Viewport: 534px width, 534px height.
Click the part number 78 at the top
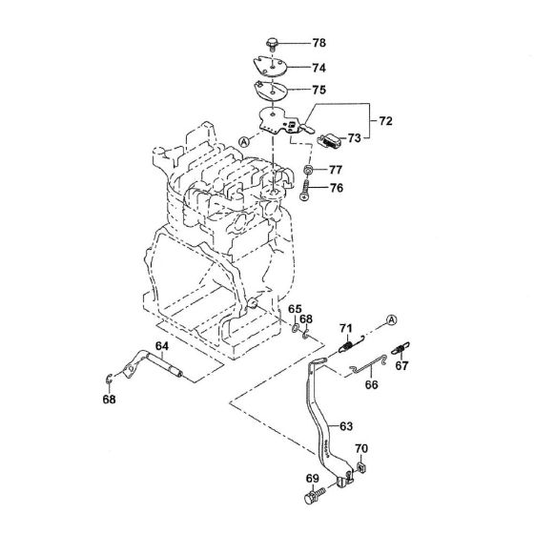[319, 44]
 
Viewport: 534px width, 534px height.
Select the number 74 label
[319, 68]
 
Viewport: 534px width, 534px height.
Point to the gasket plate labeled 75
[273, 92]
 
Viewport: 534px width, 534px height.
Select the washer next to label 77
[309, 170]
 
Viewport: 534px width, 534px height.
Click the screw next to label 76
[307, 188]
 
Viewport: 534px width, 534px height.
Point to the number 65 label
[295, 308]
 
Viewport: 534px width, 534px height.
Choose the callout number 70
[360, 448]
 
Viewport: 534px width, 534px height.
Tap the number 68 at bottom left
[111, 400]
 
